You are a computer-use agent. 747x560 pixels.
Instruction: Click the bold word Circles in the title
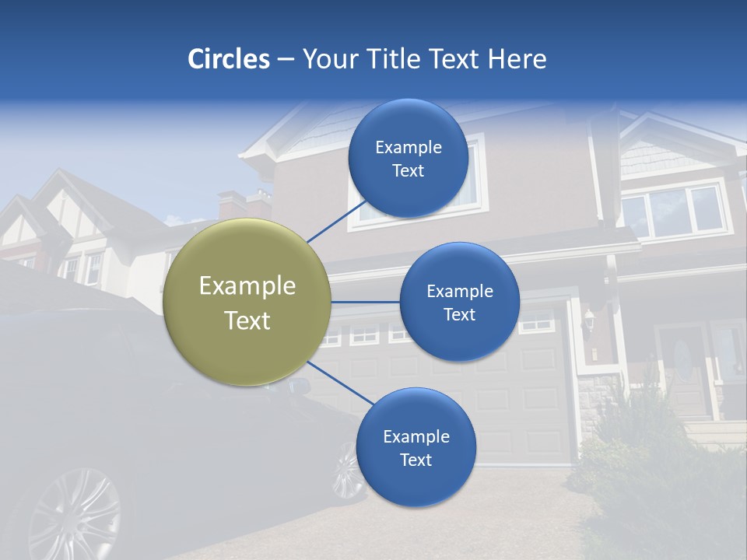point(229,59)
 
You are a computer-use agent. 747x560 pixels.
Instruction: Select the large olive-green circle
point(247,302)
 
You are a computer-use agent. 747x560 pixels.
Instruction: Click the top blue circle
point(409,158)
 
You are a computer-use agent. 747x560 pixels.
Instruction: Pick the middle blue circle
point(459,302)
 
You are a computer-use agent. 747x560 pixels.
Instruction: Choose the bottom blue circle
point(416,447)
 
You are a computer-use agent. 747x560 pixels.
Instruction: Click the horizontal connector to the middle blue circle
point(365,302)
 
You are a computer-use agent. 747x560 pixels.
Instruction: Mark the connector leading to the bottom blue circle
point(341,383)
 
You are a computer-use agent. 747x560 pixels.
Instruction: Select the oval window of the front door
point(682,359)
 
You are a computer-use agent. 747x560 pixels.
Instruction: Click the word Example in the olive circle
point(247,285)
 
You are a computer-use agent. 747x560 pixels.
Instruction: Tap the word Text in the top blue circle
point(409,171)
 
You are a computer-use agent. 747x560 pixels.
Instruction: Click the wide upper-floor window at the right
point(674,212)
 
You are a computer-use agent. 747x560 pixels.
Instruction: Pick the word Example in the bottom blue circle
point(416,436)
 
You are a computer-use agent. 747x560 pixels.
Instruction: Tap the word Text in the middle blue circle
point(460,315)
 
